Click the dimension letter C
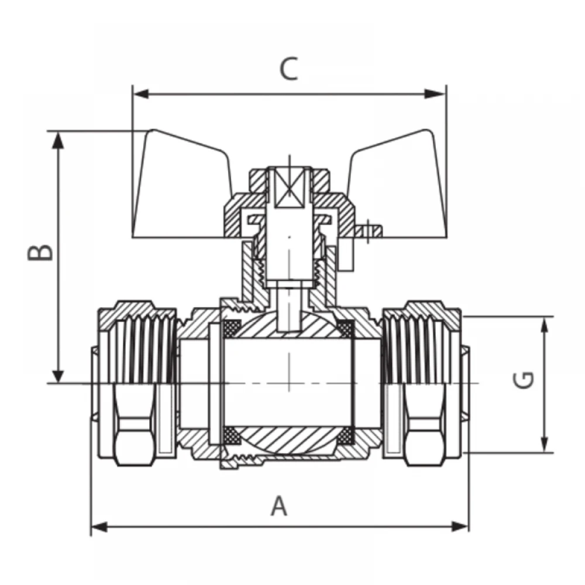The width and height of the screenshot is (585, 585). point(289,68)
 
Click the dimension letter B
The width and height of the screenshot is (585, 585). point(40,253)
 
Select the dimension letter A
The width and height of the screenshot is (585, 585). point(279,505)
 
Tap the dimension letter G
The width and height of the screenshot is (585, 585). point(524,380)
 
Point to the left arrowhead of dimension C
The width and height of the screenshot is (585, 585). point(141,94)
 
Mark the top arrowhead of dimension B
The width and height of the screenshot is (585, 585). point(58,140)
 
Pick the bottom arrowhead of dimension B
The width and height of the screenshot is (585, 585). point(58,374)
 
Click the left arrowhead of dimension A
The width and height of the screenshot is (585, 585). point(99,527)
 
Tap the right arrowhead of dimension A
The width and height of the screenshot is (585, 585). point(460,527)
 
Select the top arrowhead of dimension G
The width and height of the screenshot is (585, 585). point(545,325)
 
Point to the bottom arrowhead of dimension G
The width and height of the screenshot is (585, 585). point(545,444)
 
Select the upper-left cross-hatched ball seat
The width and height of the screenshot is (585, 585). point(232,328)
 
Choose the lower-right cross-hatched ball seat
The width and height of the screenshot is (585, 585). point(345,435)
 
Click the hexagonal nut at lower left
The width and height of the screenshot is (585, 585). point(133,425)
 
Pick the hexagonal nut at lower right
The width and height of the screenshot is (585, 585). point(425,425)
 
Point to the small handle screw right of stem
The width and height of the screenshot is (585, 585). point(368,231)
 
